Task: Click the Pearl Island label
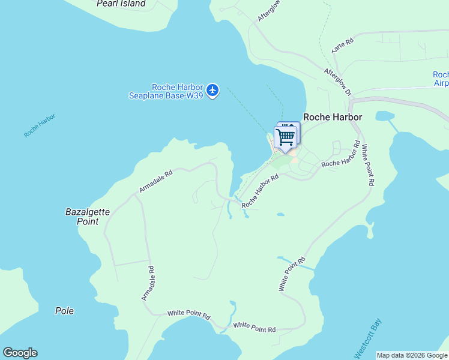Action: pyautogui.click(x=121, y=4)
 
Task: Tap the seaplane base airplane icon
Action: pyautogui.click(x=212, y=91)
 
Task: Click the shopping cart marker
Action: pyautogui.click(x=285, y=137)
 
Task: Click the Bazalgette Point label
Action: pyautogui.click(x=82, y=217)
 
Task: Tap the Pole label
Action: pyautogui.click(x=64, y=311)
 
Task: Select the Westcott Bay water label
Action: pyautogui.click(x=369, y=338)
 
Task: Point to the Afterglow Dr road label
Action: pyautogui.click(x=337, y=82)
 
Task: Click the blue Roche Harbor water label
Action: pyautogui.click(x=40, y=125)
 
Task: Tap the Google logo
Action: pyautogui.click(x=20, y=353)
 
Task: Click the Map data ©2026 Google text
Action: pyautogui.click(x=412, y=355)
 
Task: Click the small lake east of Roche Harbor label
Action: pyautogui.click(x=384, y=115)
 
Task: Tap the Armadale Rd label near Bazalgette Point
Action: pyautogui.click(x=155, y=181)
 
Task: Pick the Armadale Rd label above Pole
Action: pyautogui.click(x=148, y=283)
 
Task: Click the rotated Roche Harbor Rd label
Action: pyautogui.click(x=261, y=191)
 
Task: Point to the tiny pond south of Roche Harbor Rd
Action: pyautogui.click(x=280, y=214)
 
